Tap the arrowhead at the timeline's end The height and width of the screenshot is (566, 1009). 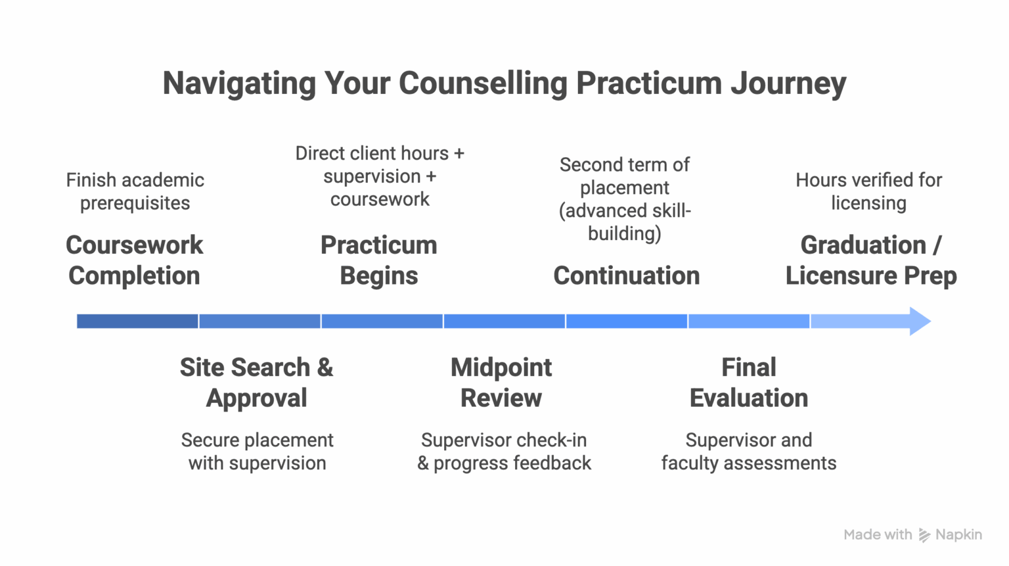919,321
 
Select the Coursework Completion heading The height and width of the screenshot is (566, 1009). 135,260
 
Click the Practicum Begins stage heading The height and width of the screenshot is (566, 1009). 379,260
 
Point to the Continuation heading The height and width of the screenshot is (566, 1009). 626,275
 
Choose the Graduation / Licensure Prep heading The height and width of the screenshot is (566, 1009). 870,260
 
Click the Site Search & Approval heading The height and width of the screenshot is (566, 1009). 256,383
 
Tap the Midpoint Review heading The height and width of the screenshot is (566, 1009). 501,383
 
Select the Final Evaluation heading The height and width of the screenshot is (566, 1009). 748,383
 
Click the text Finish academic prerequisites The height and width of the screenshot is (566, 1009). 135,191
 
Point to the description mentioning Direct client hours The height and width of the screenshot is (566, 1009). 380,176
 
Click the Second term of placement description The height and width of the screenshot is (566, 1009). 625,199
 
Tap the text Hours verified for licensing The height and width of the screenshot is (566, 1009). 868,191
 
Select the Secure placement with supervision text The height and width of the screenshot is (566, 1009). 257,452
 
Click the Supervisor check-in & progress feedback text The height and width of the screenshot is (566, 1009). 504,452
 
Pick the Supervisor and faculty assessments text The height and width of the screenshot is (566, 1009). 748,452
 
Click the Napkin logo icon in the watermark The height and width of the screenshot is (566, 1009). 924,535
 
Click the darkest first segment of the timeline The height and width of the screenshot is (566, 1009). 137,321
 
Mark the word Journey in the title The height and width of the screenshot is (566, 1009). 788,83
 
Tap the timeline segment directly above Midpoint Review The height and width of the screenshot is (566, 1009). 504,321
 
